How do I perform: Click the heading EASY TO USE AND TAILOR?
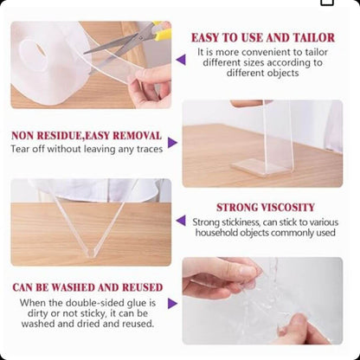pyautogui.click(x=263, y=38)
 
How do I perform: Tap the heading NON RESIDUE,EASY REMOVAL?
pyautogui.click(x=87, y=136)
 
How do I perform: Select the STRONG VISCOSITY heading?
pyautogui.click(x=266, y=208)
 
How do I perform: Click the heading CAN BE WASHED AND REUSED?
pyautogui.click(x=87, y=287)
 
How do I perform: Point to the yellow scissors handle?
pyautogui.click(x=163, y=31)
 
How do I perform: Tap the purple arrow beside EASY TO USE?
pyautogui.click(x=181, y=60)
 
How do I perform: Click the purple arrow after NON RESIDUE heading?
pyautogui.click(x=172, y=143)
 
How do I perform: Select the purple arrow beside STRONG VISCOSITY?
pyautogui.click(x=181, y=221)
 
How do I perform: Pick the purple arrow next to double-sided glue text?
pyautogui.click(x=172, y=304)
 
